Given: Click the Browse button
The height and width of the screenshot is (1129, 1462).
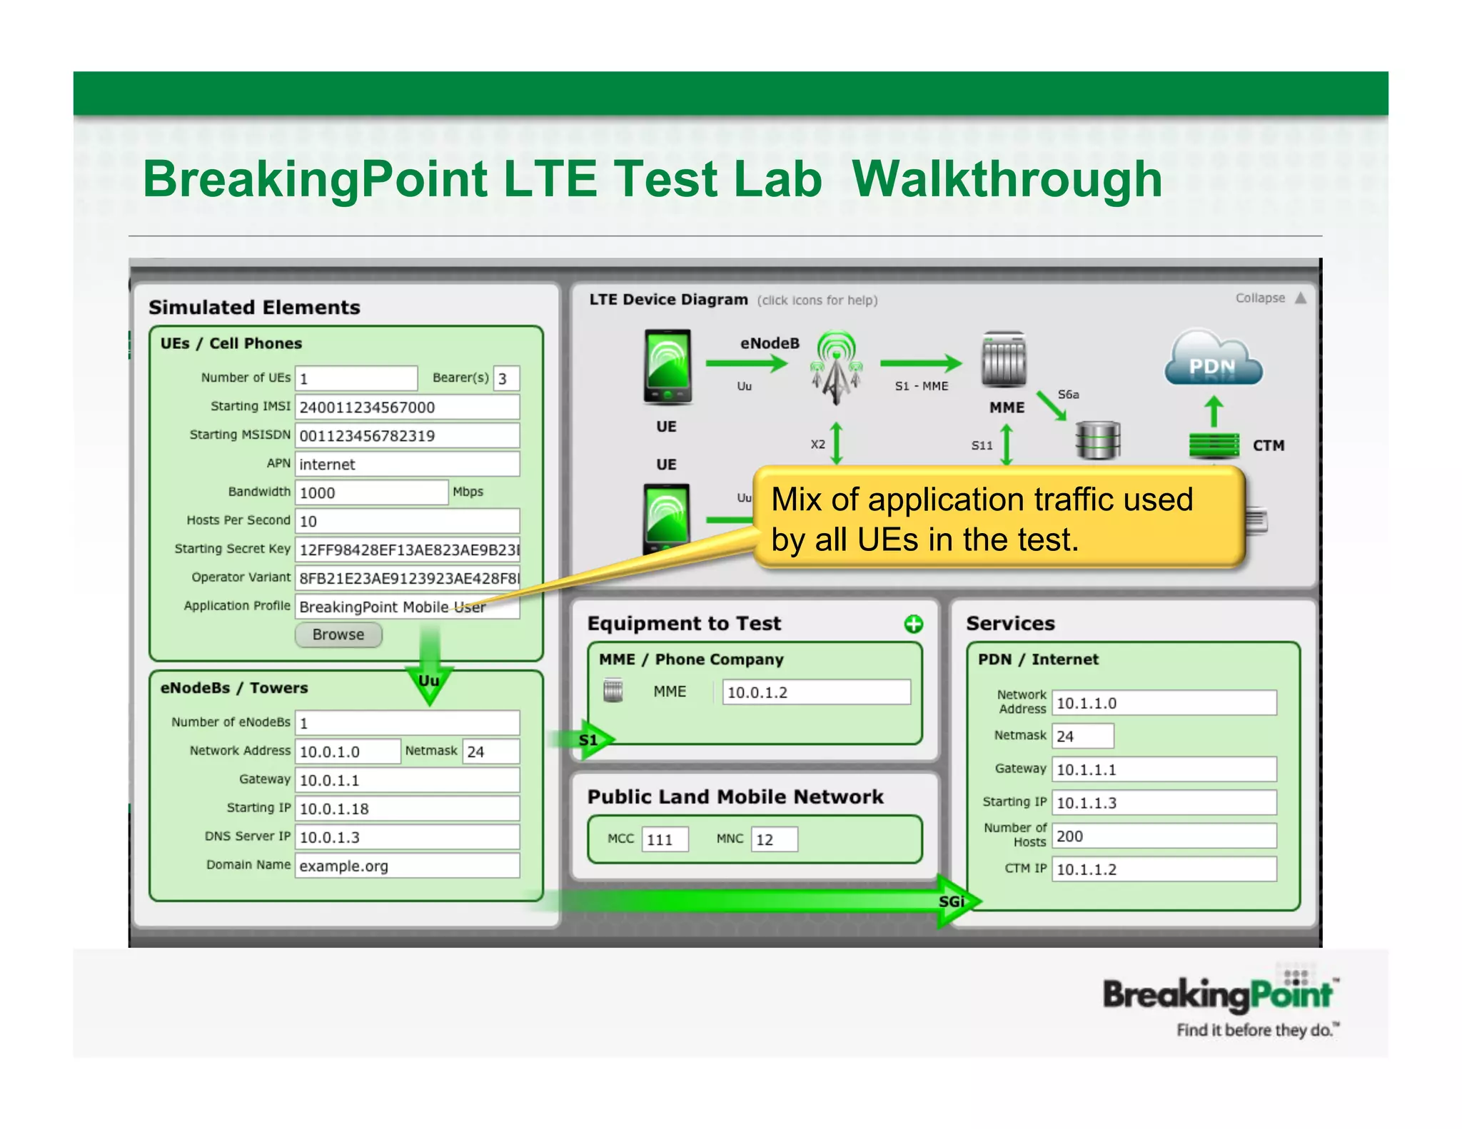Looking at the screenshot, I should click(x=338, y=634).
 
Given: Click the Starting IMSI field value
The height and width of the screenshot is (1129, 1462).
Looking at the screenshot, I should click(x=407, y=407).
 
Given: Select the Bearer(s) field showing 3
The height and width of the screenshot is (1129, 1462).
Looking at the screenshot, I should click(x=506, y=378).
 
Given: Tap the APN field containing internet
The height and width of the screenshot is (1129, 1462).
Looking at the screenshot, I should click(x=407, y=464).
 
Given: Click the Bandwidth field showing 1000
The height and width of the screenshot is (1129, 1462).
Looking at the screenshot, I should click(x=371, y=492).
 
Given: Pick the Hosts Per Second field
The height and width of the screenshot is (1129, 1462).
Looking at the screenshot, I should click(x=407, y=521).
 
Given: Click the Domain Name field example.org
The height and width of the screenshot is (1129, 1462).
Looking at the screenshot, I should click(x=407, y=866).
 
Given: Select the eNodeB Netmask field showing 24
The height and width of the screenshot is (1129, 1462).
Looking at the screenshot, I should click(x=490, y=751).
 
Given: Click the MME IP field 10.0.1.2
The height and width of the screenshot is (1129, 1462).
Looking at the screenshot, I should click(x=816, y=692).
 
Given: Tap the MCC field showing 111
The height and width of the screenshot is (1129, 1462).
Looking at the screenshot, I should click(x=665, y=839).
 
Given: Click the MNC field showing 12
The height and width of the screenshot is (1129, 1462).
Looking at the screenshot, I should click(x=774, y=839).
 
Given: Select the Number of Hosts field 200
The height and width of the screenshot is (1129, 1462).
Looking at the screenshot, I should click(x=1164, y=836).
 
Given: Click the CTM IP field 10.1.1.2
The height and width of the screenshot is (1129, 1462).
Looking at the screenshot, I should click(x=1164, y=869).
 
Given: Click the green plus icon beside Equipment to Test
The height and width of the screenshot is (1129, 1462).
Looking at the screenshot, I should click(x=913, y=624).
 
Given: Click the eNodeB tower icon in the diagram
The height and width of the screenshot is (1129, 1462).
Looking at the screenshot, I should click(x=836, y=366).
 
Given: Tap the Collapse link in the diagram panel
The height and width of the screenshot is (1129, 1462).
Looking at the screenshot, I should click(x=1261, y=298).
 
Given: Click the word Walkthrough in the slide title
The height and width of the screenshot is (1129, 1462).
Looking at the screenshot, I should click(x=1007, y=179).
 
